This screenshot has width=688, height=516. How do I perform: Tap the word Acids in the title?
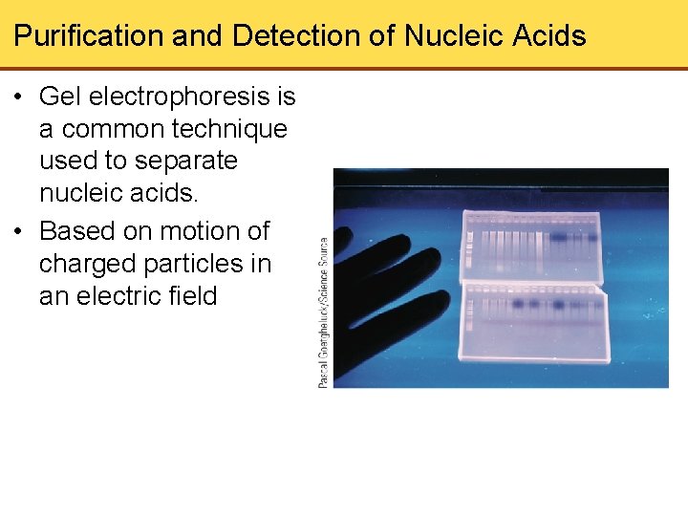pos(548,36)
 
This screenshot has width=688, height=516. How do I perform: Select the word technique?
pos(226,129)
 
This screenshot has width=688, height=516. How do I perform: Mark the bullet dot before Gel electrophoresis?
pos(19,97)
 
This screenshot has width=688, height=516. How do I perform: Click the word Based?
pos(78,231)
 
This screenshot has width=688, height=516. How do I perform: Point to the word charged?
pos(88,264)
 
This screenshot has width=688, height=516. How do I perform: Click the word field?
pos(192,296)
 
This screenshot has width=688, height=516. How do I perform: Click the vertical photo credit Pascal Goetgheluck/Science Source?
pos(323,312)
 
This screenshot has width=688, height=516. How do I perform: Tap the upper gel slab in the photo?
pos(531,247)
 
